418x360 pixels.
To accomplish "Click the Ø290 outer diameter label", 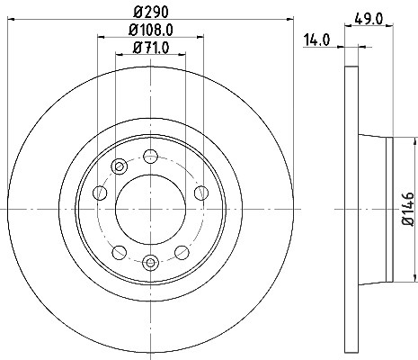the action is click(x=151, y=12).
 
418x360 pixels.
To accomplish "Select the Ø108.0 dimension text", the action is click(x=151, y=30).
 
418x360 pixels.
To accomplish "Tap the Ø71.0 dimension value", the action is click(x=151, y=47).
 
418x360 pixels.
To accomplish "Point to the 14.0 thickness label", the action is click(x=316, y=40).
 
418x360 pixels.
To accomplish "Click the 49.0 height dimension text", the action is click(x=369, y=19).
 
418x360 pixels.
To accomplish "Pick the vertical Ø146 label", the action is click(x=408, y=209).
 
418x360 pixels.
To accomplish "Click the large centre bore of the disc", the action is click(x=150, y=210).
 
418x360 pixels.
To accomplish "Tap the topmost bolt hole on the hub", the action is click(x=150, y=157).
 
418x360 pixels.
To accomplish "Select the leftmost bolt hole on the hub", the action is click(x=100, y=193).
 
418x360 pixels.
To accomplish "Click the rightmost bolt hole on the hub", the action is click(x=201, y=193).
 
